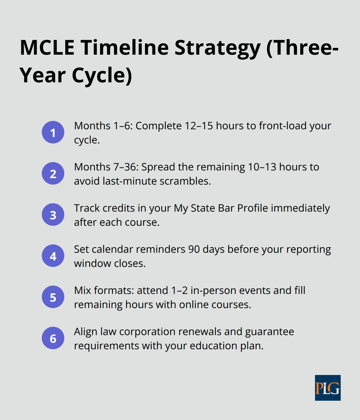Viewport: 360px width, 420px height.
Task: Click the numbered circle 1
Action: tap(53, 132)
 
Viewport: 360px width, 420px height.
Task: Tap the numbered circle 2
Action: tap(53, 173)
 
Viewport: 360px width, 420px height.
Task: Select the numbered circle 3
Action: tap(53, 215)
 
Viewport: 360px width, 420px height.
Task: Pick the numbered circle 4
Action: tap(53, 256)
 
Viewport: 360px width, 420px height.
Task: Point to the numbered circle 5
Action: tap(53, 297)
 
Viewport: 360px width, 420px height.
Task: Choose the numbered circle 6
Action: tap(53, 338)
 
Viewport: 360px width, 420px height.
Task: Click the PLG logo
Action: tap(328, 388)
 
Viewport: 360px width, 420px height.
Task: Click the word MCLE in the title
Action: tap(47, 48)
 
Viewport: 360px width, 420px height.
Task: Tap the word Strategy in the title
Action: tap(217, 48)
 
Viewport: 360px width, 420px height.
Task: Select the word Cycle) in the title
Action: tap(102, 75)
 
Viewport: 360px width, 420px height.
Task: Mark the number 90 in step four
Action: tap(194, 249)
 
